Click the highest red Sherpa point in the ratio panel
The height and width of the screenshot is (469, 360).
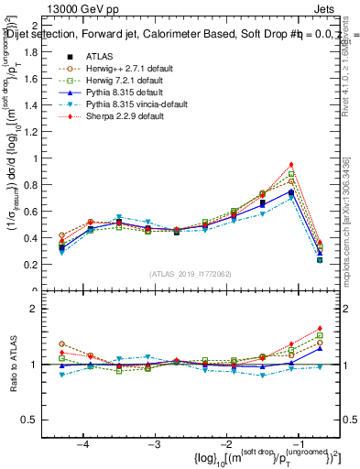pos(320,328)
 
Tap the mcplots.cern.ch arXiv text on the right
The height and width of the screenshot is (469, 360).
pos(354,220)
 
